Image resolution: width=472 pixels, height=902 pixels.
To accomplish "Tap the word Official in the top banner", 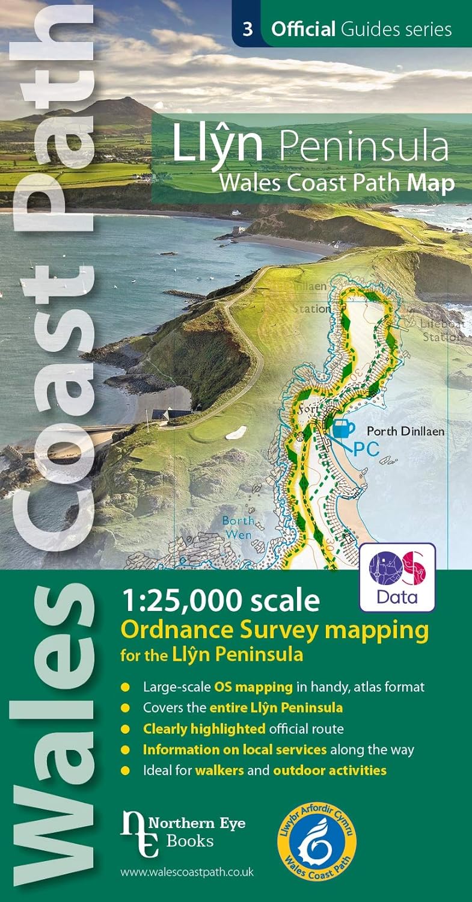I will point(302,29).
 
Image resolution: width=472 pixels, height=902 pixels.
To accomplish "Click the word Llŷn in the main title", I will point(218,145).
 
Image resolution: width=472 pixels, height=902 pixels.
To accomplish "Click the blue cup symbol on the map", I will point(343,429).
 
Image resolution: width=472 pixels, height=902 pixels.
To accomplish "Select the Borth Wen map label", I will point(238,526).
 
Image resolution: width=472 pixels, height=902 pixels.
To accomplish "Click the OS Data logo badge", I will point(397,577).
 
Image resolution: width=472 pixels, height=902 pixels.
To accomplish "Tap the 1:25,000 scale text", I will point(220,600).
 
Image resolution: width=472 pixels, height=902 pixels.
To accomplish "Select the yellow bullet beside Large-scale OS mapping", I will point(125,687).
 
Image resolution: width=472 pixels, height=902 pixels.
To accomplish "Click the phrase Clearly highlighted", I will point(204,729).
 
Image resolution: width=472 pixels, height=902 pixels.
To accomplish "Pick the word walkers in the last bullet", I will point(219,770).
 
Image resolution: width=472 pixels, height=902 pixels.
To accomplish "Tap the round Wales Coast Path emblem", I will point(317,840).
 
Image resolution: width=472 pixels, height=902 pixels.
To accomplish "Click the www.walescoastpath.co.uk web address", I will point(186,873).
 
